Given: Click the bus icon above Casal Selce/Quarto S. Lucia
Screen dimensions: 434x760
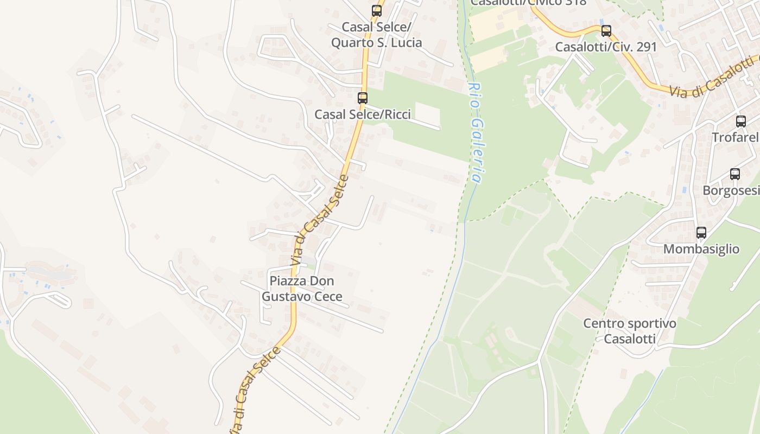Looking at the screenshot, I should click(x=376, y=10).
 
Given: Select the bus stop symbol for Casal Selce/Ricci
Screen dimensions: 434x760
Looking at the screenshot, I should click(x=362, y=98).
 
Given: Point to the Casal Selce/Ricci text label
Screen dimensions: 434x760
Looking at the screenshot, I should click(x=363, y=114).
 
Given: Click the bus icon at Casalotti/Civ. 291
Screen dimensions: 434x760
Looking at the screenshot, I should click(x=606, y=31).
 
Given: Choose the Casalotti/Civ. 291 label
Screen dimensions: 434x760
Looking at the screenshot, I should click(x=606, y=47).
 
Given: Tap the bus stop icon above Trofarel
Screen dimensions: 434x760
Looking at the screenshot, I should click(x=741, y=122).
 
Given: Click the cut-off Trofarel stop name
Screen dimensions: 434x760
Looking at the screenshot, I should click(x=735, y=137).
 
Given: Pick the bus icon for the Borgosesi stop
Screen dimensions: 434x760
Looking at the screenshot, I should click(x=735, y=174).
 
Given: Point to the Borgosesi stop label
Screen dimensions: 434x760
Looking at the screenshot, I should click(x=731, y=190).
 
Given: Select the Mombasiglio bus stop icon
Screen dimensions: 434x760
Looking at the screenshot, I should click(x=701, y=233).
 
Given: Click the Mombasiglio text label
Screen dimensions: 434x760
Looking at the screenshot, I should click(x=701, y=249).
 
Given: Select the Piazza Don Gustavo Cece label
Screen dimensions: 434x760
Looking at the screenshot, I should click(x=302, y=289).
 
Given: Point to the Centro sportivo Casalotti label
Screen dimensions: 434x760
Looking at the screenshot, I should click(x=630, y=331).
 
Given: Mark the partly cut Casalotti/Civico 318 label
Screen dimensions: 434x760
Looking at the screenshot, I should click(x=528, y=3).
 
